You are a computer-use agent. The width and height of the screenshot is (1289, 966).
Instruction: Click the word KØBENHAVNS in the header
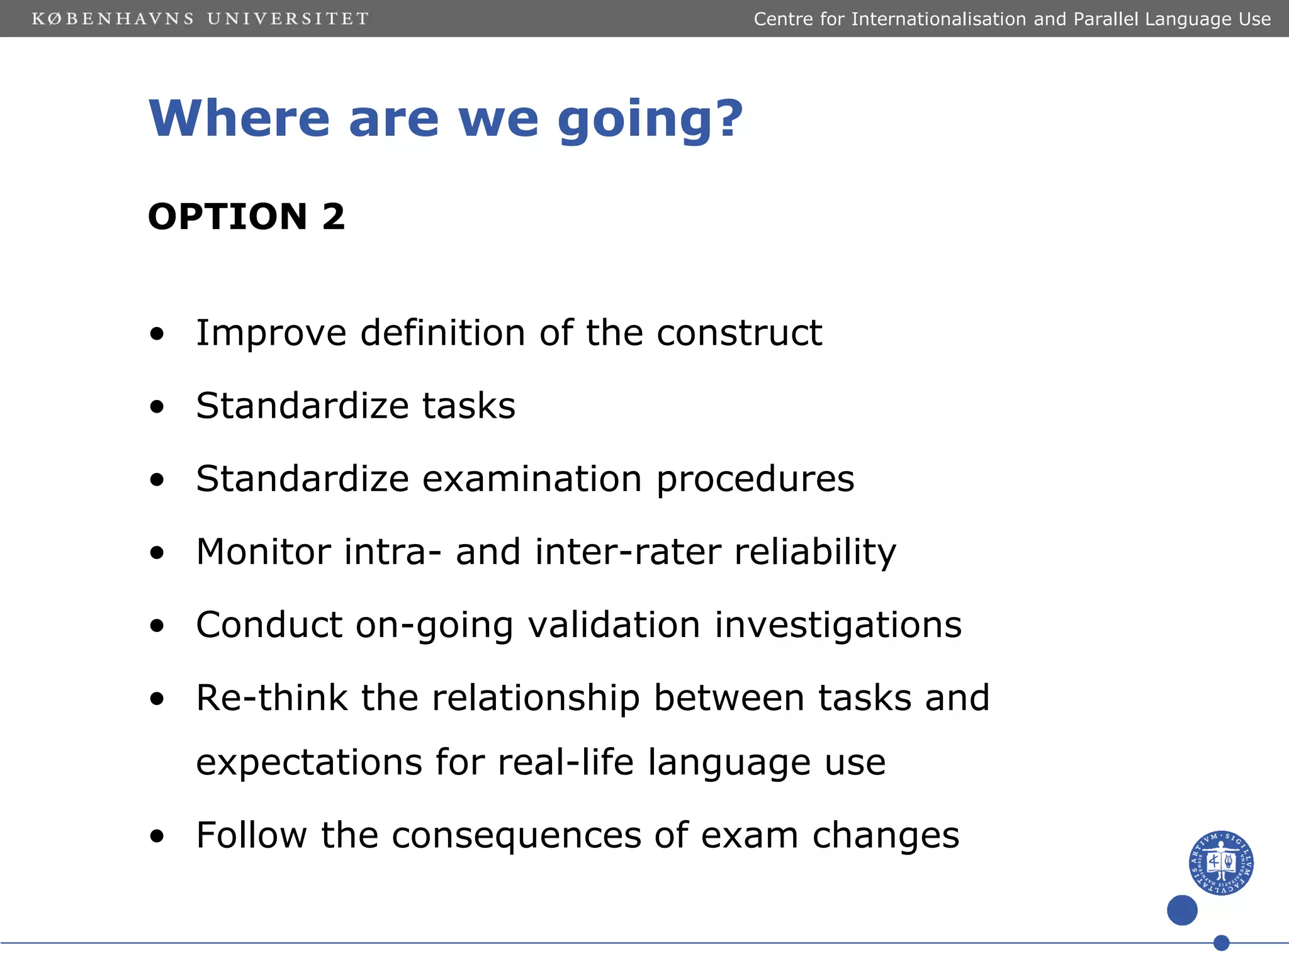(113, 19)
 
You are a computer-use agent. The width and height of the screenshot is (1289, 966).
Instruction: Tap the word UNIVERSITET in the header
(288, 19)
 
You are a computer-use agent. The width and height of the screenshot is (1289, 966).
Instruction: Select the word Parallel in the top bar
(1106, 19)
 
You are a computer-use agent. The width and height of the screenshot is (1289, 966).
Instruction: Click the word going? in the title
(650, 119)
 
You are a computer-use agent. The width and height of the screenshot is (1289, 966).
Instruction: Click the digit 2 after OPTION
(334, 217)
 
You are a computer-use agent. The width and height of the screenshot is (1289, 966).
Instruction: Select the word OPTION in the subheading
(228, 217)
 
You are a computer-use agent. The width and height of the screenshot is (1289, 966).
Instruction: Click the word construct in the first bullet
(739, 333)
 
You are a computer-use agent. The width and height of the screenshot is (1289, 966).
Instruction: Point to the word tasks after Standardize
(468, 406)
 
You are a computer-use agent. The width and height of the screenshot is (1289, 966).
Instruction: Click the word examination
(532, 479)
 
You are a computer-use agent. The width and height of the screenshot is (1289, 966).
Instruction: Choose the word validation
(614, 625)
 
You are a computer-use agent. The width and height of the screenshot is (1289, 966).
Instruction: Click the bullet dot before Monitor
(157, 553)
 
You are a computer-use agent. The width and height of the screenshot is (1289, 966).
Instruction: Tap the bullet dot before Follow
(157, 837)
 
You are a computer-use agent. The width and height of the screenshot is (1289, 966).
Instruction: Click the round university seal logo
(1221, 862)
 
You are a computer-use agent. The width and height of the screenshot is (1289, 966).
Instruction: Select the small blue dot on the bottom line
(1221, 943)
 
